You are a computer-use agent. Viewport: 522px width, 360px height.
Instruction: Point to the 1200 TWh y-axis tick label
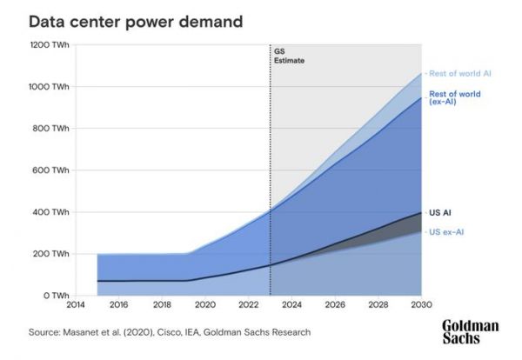[x=50, y=45]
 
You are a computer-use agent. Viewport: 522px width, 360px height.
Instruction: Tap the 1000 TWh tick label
[x=50, y=87]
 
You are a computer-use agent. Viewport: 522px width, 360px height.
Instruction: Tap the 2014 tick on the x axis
[x=77, y=306]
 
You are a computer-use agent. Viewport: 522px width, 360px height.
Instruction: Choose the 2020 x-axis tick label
[x=205, y=306]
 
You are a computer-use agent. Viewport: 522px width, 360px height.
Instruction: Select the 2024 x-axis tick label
[x=291, y=306]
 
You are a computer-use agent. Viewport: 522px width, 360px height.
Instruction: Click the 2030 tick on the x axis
[x=421, y=306]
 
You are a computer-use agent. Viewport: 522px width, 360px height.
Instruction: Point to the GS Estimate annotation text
[x=289, y=57]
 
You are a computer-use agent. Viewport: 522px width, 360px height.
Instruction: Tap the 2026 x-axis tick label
[x=335, y=306]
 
